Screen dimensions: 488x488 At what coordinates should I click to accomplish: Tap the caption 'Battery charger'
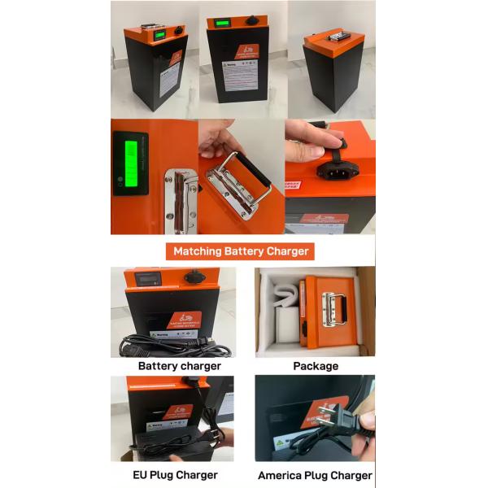(x=179, y=366)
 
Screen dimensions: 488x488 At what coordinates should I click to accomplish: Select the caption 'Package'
(x=315, y=366)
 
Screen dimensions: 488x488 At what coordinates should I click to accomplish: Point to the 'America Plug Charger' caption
(x=315, y=475)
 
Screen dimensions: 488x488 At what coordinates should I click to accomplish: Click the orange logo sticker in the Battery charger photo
(x=184, y=320)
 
